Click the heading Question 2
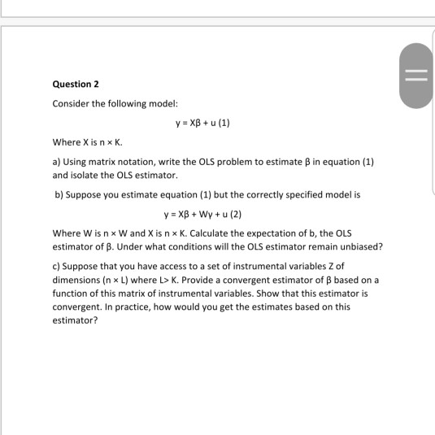(75, 84)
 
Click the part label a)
(57, 162)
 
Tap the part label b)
(59, 195)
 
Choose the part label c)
(57, 266)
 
